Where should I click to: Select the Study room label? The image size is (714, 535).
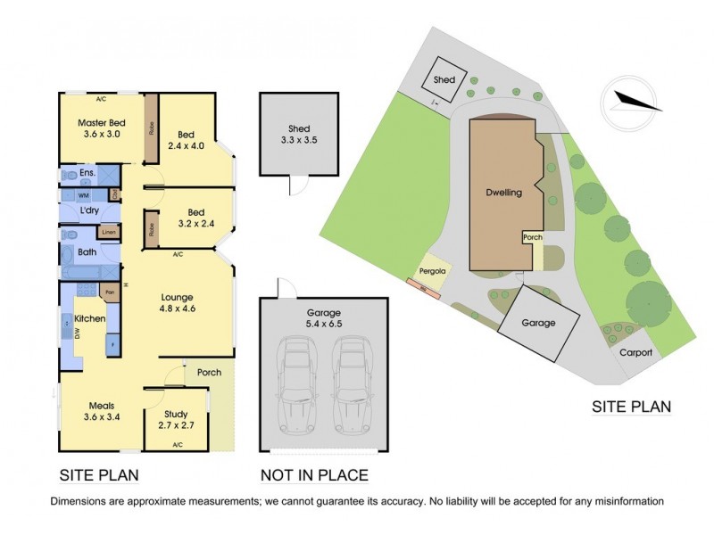pyautogui.click(x=175, y=418)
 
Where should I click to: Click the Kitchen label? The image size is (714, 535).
pyautogui.click(x=89, y=318)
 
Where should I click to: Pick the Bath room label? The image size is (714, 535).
pyautogui.click(x=87, y=252)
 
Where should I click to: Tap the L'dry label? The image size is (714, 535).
pyautogui.click(x=88, y=210)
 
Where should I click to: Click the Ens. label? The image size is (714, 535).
pyautogui.click(x=87, y=173)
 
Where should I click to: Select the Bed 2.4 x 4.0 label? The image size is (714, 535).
pyautogui.click(x=190, y=140)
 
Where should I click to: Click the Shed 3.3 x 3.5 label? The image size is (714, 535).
pyautogui.click(x=298, y=134)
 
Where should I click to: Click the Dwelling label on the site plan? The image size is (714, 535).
pyautogui.click(x=503, y=192)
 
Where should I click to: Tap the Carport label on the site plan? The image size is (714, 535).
pyautogui.click(x=636, y=352)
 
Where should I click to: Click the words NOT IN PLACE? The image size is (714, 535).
pyautogui.click(x=313, y=475)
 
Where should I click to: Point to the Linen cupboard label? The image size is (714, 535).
pyautogui.click(x=109, y=233)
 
